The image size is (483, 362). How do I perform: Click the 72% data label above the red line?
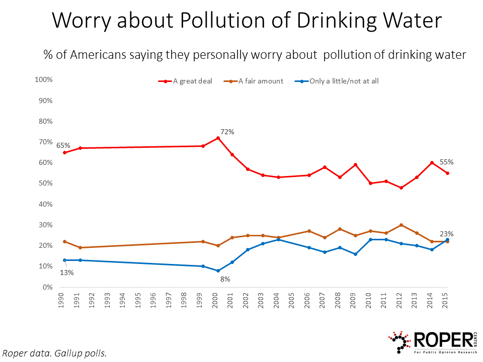click(x=227, y=132)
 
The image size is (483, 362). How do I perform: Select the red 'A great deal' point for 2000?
click(x=218, y=138)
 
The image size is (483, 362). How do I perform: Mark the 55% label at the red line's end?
click(x=447, y=162)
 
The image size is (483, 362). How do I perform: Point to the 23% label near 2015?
click(x=447, y=234)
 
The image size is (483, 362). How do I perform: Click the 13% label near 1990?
click(x=67, y=273)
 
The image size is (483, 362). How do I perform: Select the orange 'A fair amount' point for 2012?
click(x=400, y=225)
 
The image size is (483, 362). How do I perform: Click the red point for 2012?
click(x=400, y=188)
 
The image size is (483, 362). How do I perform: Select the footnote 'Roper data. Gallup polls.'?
click(x=55, y=353)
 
